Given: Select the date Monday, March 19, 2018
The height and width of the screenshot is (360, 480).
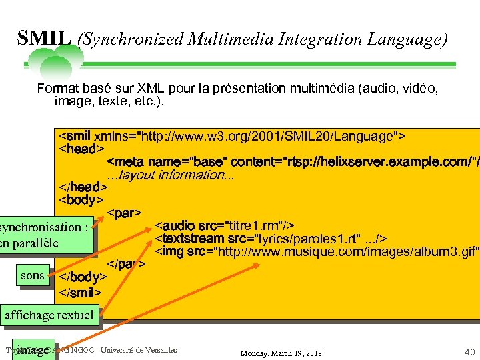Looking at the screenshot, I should [x=281, y=353].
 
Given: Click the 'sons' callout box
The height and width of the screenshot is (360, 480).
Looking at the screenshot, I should [x=33, y=275].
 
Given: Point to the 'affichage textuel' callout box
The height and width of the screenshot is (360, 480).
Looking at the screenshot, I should [x=49, y=315].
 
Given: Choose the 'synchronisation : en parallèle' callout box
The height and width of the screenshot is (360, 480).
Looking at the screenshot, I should [x=45, y=235].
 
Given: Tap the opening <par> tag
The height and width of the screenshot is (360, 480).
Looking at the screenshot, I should [x=124, y=213].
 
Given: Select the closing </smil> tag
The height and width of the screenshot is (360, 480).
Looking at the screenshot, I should [x=81, y=292].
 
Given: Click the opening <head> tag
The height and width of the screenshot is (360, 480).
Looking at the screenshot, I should [x=82, y=149].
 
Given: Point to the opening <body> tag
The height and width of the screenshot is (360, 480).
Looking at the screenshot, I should [x=81, y=199].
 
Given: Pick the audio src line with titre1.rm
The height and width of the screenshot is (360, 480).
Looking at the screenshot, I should [x=225, y=225].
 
